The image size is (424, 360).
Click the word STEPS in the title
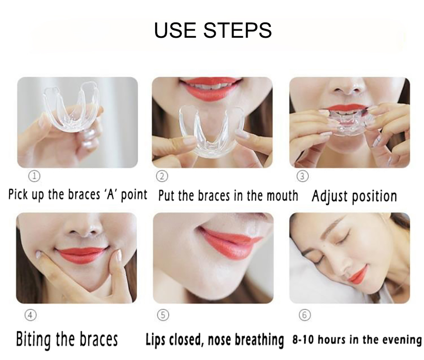click(237, 30)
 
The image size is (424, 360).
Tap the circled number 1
click(34, 176)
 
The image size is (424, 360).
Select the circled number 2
click(162, 176)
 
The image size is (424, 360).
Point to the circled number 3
click(303, 176)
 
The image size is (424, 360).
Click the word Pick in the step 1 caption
click(18, 194)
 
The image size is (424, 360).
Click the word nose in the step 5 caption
click(221, 340)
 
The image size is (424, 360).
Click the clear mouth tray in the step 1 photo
click(70, 108)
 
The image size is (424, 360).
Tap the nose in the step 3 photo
click(348, 87)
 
